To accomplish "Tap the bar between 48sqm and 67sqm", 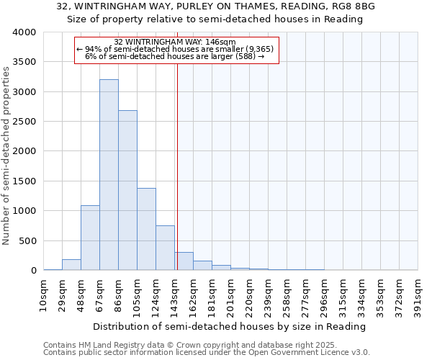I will point(90,238).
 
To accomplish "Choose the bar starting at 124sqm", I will point(165,248).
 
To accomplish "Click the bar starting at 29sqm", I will point(71,264).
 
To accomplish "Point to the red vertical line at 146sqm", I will point(176,166).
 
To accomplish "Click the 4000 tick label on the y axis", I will point(24,32).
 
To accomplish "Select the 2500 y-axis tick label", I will point(24,122).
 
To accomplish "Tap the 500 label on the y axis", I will point(27,241).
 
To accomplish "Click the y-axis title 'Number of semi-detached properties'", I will point(6,155).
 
